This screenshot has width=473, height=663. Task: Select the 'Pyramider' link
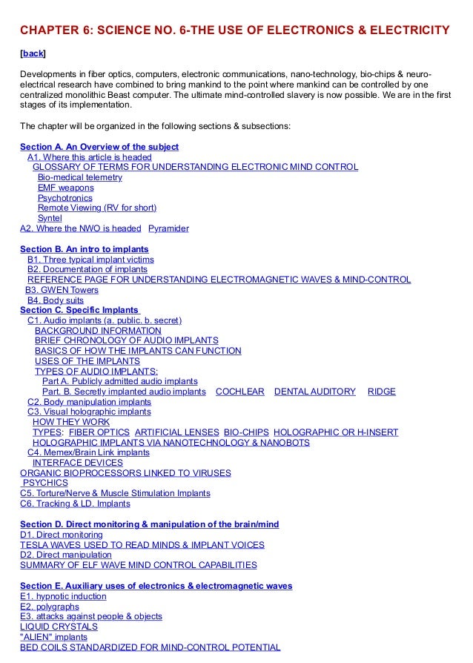click(168, 228)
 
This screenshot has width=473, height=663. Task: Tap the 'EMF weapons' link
click(66, 188)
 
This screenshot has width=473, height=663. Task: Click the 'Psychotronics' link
click(65, 198)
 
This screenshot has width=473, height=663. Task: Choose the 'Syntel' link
click(50, 218)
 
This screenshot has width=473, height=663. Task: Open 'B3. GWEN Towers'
click(62, 290)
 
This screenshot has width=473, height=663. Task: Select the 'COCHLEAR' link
click(239, 392)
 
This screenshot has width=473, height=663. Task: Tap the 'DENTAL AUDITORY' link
click(315, 392)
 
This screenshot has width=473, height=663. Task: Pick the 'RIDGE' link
click(381, 392)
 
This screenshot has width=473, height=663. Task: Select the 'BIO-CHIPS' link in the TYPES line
click(245, 432)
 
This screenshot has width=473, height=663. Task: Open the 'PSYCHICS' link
click(45, 483)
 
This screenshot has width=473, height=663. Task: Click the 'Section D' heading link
click(149, 524)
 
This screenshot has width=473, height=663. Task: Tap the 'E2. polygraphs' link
click(50, 607)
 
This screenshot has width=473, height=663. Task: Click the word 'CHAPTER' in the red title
click(50, 30)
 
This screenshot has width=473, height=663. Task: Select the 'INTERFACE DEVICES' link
click(78, 463)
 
